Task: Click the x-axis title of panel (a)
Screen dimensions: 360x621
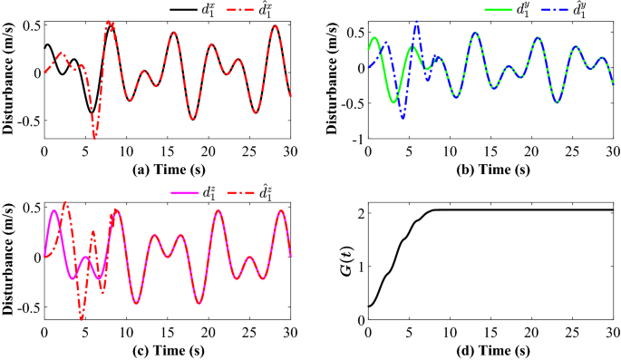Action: [x=168, y=168]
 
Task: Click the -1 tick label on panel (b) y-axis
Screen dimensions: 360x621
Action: [x=356, y=139]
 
